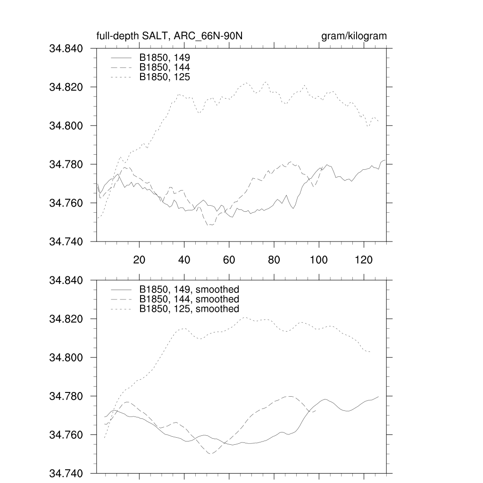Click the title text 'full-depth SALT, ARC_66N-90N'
pyautogui.click(x=169, y=36)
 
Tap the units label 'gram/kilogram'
pyautogui.click(x=354, y=36)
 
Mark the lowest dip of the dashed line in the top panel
pyautogui.click(x=211, y=225)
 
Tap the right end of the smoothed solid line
pyautogui.click(x=379, y=397)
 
